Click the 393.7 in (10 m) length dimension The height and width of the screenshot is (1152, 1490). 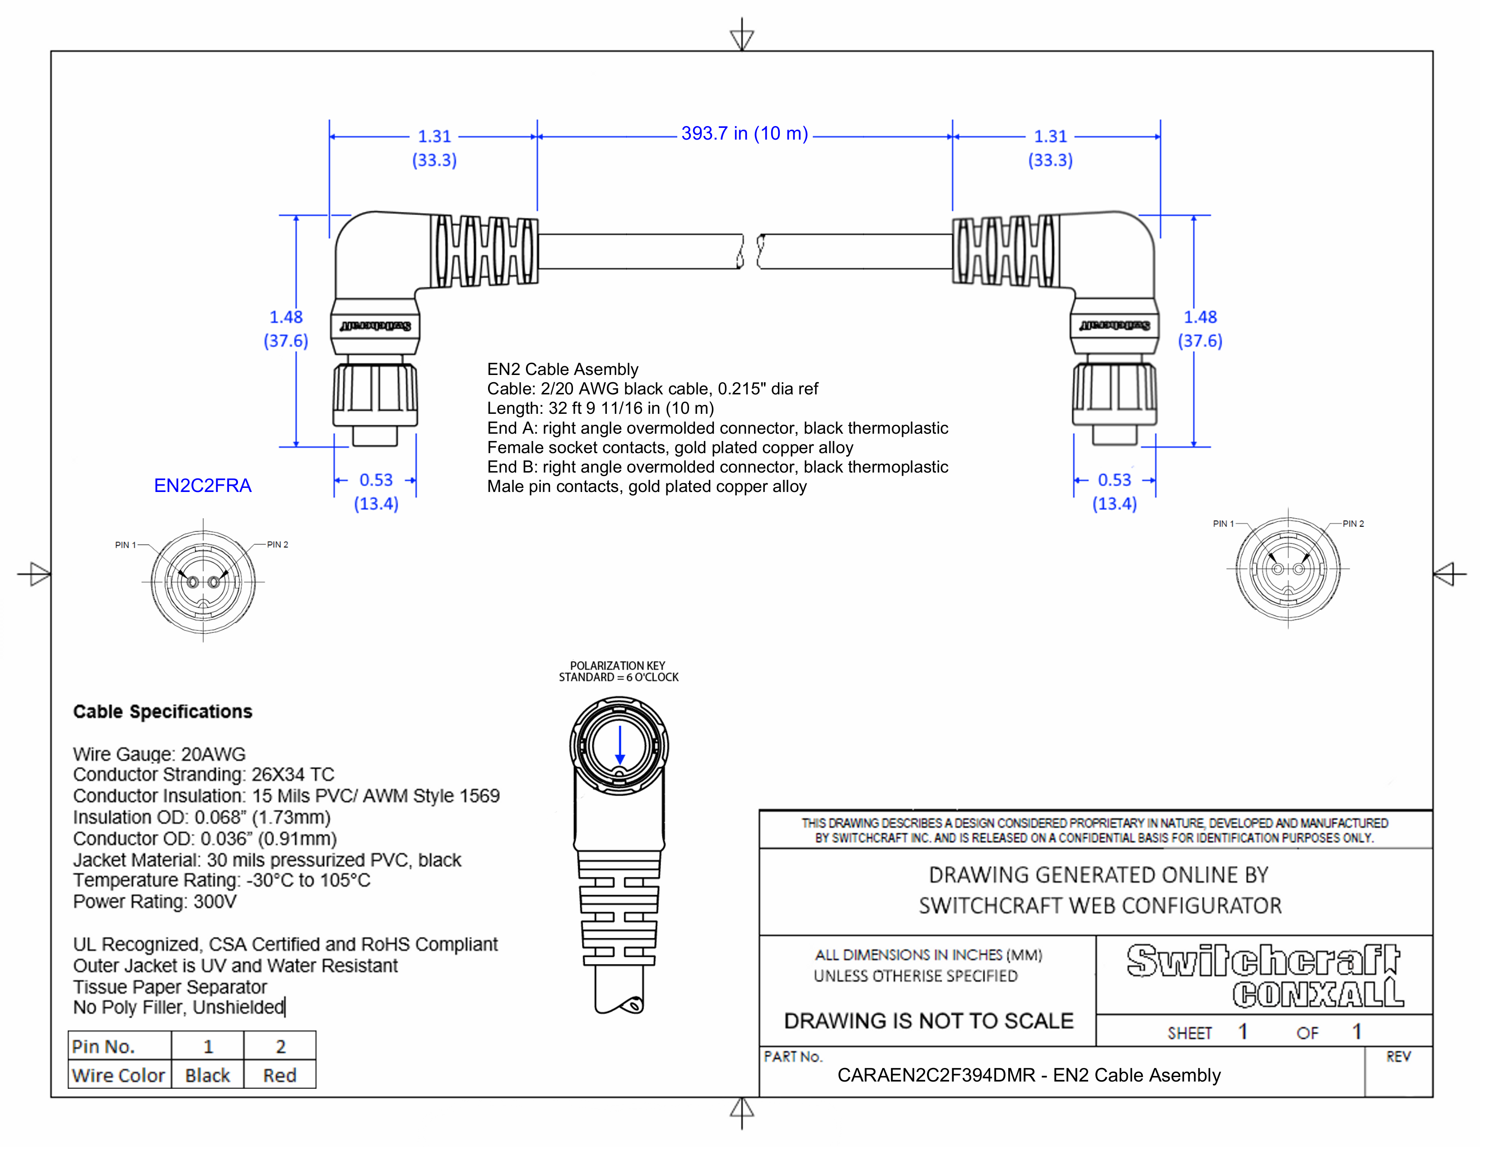[x=744, y=134]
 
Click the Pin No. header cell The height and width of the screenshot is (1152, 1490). [x=104, y=1046]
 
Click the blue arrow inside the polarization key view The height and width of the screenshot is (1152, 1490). [x=619, y=745]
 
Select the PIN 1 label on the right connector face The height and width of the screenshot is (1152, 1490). [x=1223, y=524]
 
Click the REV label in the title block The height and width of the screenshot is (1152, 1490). [x=1398, y=1057]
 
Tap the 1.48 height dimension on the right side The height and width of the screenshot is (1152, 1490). [x=1200, y=317]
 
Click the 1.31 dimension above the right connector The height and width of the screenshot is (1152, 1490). [x=1050, y=136]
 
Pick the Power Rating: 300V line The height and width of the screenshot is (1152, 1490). [x=155, y=902]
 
